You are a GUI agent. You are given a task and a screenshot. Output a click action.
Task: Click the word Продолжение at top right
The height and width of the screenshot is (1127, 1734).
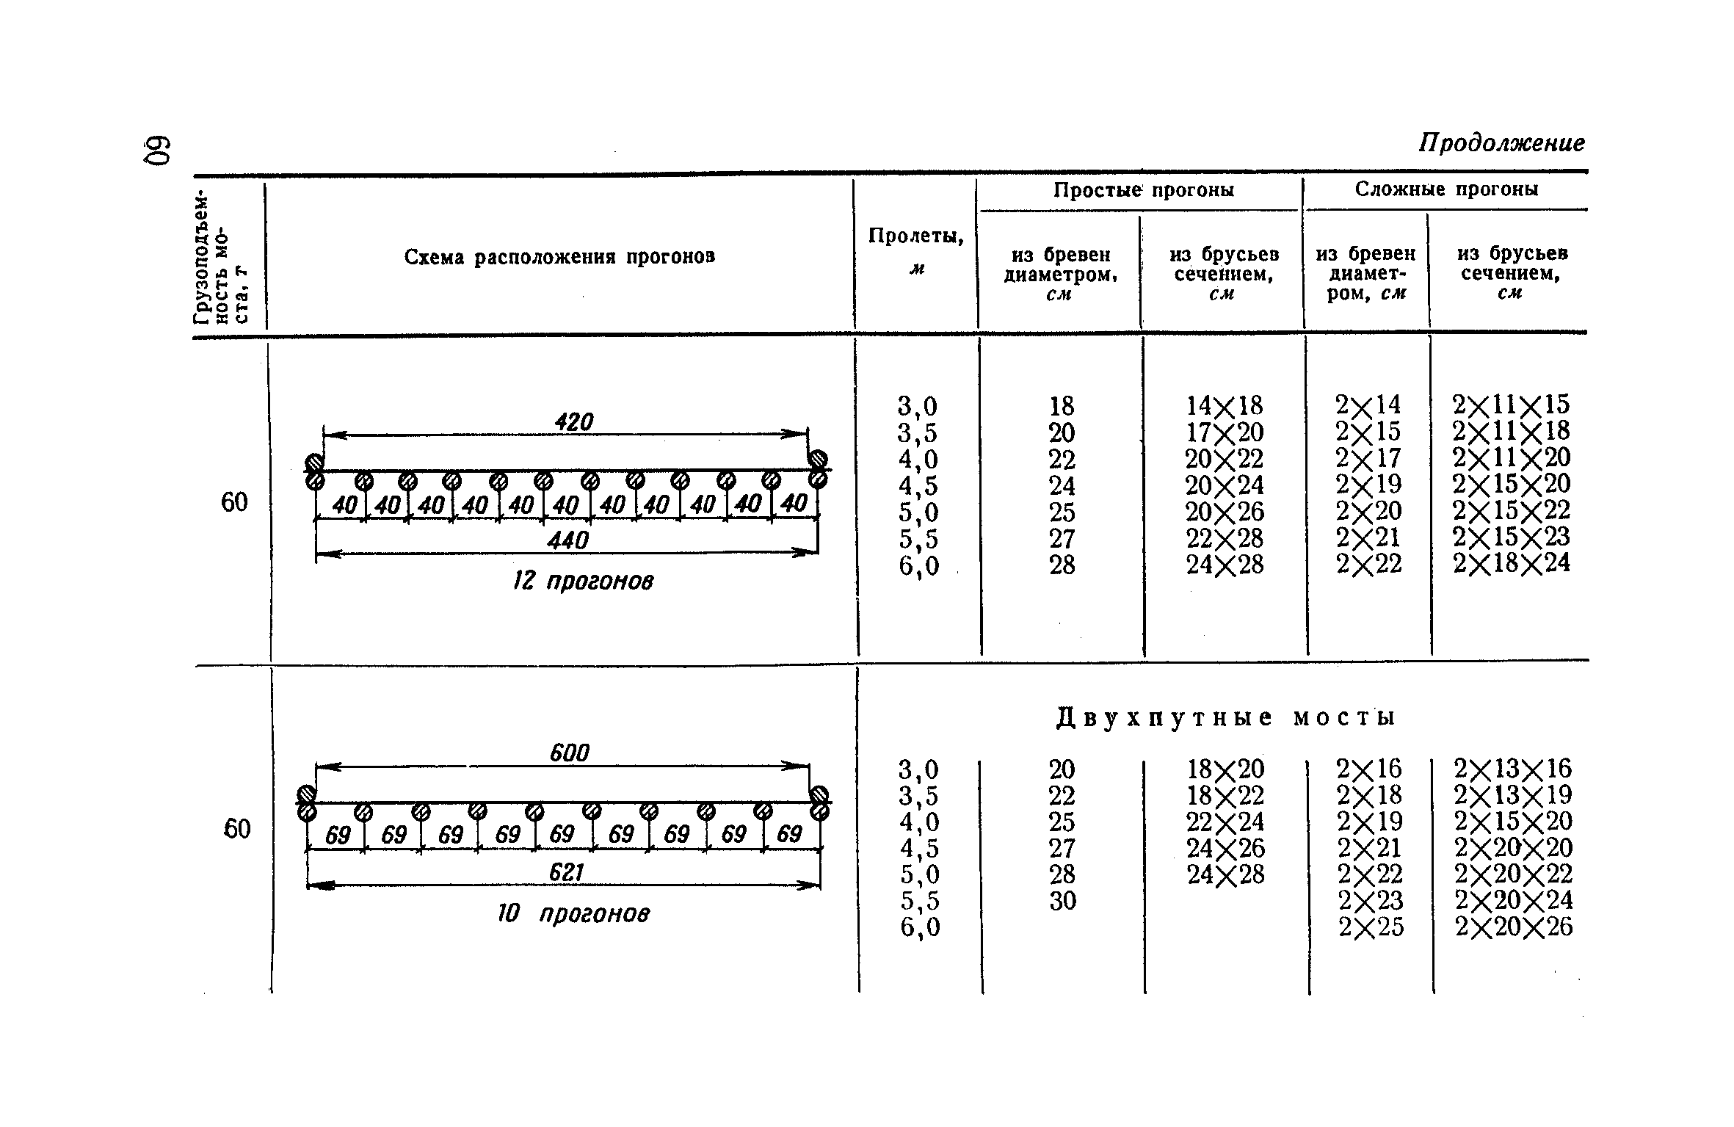pos(1501,142)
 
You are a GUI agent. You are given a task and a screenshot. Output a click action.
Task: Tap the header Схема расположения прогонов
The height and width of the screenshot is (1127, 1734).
pos(559,257)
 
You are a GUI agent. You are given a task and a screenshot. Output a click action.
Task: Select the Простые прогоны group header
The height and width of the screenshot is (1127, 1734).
pos(1144,190)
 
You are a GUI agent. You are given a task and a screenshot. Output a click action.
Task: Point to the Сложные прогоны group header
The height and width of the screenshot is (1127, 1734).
pos(1446,189)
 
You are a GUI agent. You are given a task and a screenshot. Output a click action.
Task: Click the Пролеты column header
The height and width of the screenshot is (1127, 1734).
pos(915,236)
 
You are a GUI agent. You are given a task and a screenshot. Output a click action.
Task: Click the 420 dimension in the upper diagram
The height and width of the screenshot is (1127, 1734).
pos(573,422)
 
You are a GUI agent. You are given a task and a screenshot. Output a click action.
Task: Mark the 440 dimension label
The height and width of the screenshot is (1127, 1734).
pos(567,541)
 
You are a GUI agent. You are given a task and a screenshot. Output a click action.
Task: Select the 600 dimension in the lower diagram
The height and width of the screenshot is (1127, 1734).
pos(569,753)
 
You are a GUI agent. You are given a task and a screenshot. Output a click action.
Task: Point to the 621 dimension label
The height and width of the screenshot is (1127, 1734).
pos(565,872)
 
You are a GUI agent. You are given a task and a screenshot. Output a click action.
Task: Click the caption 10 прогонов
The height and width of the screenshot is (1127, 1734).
pos(573,914)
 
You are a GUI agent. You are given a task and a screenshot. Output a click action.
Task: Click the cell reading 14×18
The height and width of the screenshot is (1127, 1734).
pos(1225,406)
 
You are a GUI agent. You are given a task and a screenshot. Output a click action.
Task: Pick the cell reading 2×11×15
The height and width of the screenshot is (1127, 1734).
pos(1511,405)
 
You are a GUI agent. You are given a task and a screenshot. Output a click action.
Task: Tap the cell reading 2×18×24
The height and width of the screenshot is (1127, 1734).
pos(1512,563)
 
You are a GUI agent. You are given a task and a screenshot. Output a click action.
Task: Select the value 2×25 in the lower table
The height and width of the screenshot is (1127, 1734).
pos(1371,927)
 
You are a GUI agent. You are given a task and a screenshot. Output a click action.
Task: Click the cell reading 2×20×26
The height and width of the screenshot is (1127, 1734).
pos(1514,927)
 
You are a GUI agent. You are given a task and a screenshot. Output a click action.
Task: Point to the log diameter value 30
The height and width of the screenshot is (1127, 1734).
pos(1062,901)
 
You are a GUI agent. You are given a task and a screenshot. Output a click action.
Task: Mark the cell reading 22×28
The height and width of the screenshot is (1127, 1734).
pos(1225,538)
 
